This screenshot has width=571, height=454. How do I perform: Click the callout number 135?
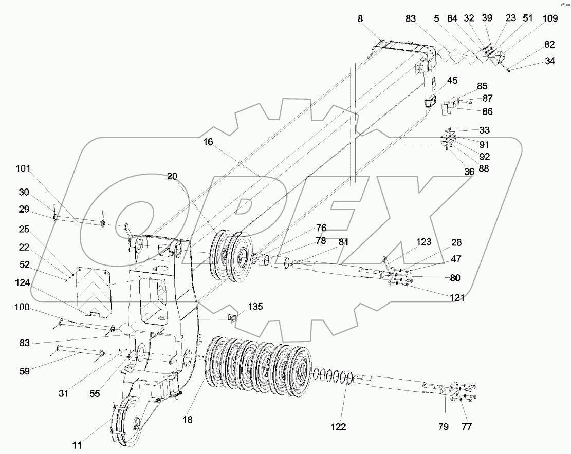255,307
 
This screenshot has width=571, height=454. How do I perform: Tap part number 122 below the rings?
339,427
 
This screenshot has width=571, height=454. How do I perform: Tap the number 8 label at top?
360,18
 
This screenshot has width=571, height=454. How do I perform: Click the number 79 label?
443,426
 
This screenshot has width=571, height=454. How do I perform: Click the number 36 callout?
469,173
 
